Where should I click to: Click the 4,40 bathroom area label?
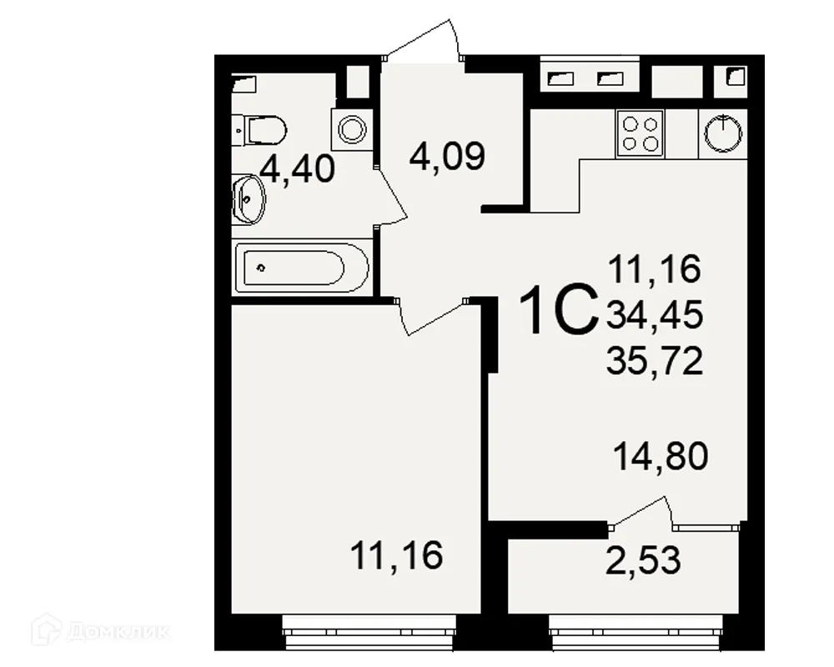[298, 169]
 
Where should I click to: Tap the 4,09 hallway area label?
[447, 156]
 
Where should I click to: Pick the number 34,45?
[656, 315]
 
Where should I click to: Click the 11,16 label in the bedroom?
[396, 555]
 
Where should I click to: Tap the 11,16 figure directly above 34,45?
[656, 269]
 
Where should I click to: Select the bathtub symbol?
[301, 268]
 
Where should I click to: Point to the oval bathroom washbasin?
[248, 198]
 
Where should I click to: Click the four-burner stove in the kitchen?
[640, 133]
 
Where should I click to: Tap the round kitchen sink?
[722, 133]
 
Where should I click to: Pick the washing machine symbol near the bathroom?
[351, 128]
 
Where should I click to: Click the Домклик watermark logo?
[99, 631]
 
